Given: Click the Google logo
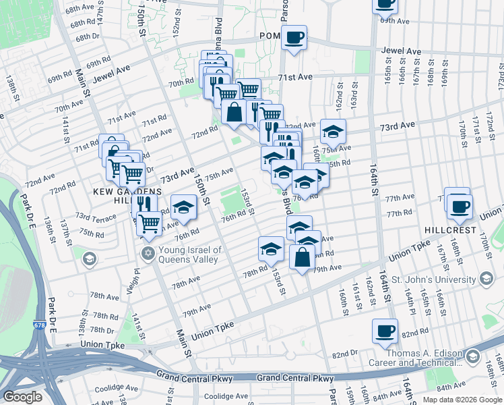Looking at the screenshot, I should (x=22, y=397).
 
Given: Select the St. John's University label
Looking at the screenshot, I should (x=433, y=279).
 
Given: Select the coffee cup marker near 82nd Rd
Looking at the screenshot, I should (x=385, y=331).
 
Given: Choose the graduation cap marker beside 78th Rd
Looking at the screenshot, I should (x=271, y=248).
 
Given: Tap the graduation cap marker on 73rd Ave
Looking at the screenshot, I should (x=333, y=130).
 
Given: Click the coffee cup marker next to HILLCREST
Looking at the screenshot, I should (x=460, y=205).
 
